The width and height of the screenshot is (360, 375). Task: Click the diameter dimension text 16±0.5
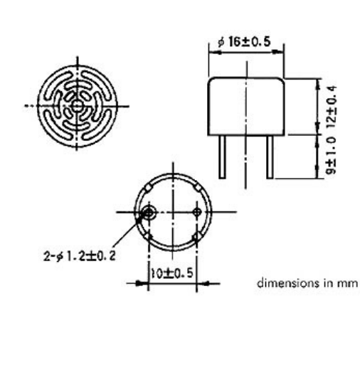tap(244, 41)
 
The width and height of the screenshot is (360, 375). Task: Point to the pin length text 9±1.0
tap(332, 156)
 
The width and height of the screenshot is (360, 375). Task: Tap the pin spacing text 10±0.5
tap(172, 273)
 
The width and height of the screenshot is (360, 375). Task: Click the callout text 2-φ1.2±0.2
tap(80, 256)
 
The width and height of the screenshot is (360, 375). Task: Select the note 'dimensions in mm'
tap(307, 283)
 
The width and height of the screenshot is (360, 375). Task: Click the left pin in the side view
tap(222, 157)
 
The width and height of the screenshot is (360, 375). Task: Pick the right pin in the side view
tap(270, 157)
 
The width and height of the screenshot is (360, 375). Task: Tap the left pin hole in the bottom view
tap(149, 212)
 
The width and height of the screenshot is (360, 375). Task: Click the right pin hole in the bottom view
tap(197, 212)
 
